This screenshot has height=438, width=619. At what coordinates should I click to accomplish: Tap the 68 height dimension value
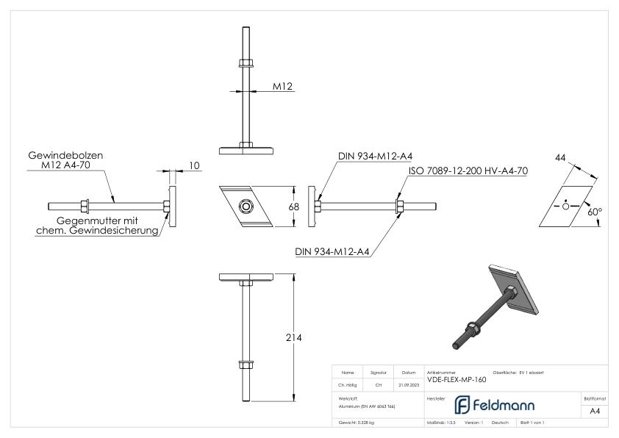point(293,207)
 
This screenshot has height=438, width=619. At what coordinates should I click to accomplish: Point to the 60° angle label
point(594,211)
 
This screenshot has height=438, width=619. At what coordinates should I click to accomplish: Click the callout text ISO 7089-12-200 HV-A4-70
point(469,170)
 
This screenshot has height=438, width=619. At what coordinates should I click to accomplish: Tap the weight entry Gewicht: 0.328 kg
point(357,423)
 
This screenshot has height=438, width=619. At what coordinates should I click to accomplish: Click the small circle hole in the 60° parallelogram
point(565,207)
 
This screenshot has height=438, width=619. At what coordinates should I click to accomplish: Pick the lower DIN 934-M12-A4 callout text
point(332,251)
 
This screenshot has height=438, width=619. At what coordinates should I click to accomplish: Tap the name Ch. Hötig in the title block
point(349,384)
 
